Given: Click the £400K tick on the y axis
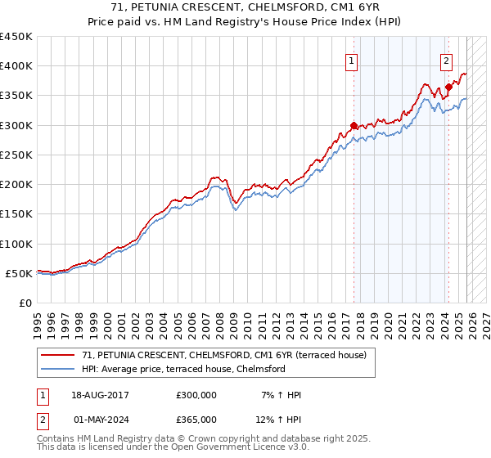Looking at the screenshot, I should [x=16, y=66].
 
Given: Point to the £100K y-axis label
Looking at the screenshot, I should [x=16, y=244].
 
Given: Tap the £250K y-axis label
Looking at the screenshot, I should [x=16, y=155].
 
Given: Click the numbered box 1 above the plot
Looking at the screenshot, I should [x=352, y=60].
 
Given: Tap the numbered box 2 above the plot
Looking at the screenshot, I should [x=446, y=60].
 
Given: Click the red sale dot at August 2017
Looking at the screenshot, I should [x=354, y=125].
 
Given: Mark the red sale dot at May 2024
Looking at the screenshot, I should [x=448, y=87].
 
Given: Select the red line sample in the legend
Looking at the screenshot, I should [x=59, y=355].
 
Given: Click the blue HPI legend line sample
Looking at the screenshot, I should [x=59, y=369].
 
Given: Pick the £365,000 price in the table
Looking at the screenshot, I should [x=196, y=419].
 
